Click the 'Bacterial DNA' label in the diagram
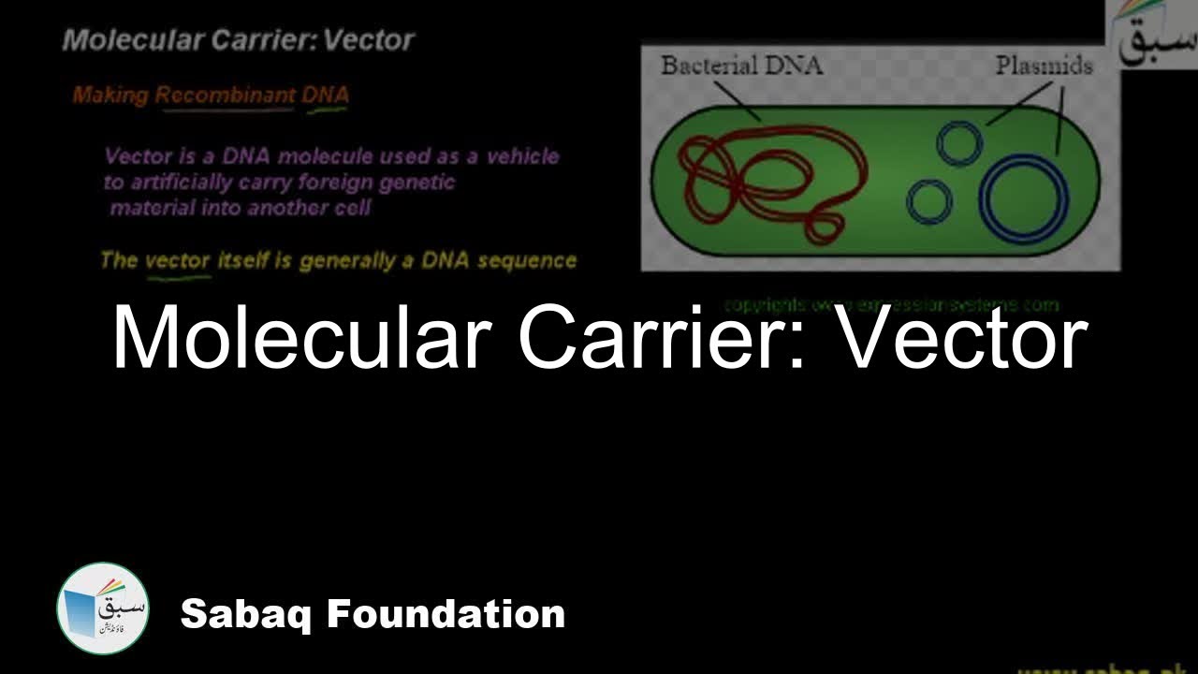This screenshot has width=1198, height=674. pos(740,66)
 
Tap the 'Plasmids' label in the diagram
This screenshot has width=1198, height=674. pos(1044,66)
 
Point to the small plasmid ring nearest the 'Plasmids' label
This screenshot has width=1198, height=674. pos(959,142)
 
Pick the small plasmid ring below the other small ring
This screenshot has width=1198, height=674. pos(929,201)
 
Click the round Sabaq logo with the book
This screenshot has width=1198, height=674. pos(102,608)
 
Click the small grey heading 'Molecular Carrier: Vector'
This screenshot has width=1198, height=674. pos(238,40)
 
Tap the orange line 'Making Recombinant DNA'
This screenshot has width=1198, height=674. pos(211,95)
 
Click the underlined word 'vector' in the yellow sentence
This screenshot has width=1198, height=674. pos(178,260)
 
